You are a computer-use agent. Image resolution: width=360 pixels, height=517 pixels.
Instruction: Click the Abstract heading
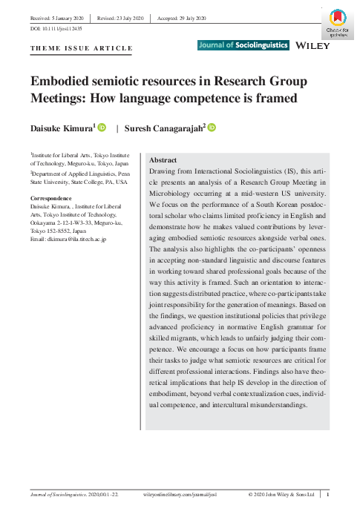(x=163, y=160)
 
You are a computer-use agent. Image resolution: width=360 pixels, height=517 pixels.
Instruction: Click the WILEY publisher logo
(x=312, y=45)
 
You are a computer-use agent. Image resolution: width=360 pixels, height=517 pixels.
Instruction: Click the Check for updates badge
(x=337, y=22)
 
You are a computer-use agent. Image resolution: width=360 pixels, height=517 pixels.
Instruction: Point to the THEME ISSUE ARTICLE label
(x=82, y=48)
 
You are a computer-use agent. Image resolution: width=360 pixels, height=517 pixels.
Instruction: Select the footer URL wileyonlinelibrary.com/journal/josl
(x=180, y=494)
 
